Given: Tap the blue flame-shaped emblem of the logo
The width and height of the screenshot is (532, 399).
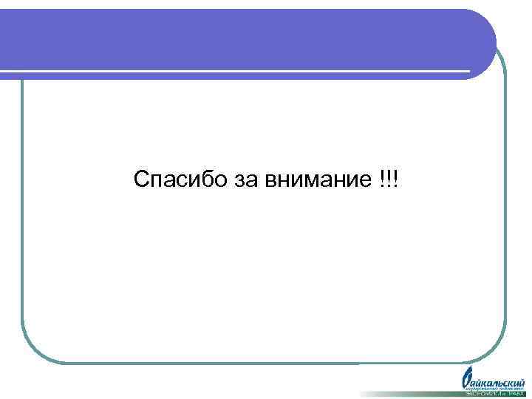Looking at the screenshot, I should tap(467, 379).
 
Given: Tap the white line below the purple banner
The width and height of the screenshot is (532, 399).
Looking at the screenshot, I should tap(236, 72).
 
